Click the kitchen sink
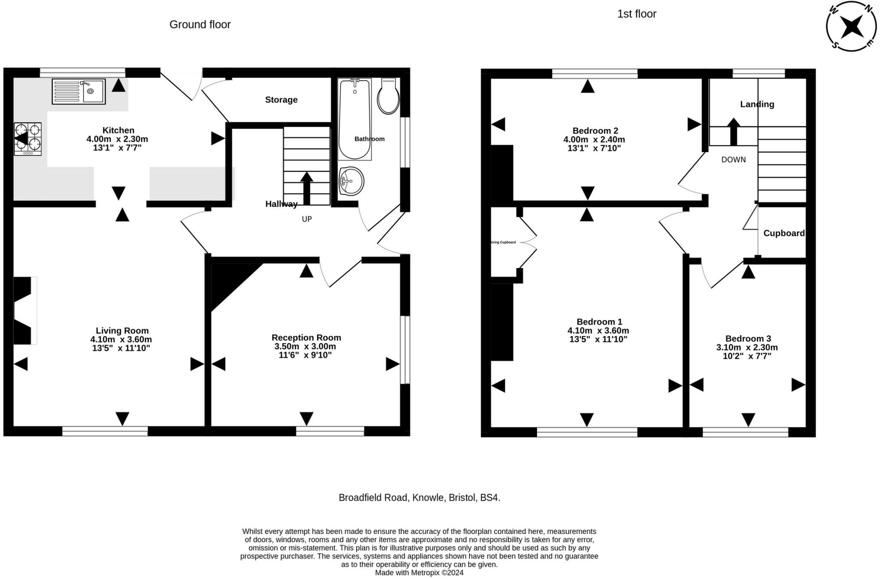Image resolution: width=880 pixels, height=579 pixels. click(79, 91)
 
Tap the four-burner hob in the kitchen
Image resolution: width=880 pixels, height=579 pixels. click(28, 139)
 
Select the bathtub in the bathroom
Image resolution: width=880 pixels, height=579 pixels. click(355, 119)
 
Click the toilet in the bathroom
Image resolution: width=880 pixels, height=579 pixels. click(388, 96)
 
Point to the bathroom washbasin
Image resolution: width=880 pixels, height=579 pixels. click(351, 181)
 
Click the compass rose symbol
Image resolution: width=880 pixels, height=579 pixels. click(851, 26)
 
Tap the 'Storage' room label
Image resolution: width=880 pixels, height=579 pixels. click(281, 100)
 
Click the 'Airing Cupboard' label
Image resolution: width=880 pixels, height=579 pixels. click(503, 243)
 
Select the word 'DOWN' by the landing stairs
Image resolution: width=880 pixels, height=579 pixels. click(733, 160)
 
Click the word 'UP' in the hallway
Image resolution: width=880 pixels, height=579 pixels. click(307, 219)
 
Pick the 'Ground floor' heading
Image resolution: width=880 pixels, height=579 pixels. click(200, 24)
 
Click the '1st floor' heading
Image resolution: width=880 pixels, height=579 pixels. click(637, 14)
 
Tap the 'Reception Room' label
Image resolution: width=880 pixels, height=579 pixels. click(306, 338)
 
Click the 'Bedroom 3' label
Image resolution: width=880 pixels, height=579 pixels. click(748, 339)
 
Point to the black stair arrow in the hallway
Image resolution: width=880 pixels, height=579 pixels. click(306, 188)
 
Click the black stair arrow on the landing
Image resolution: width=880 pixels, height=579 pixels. click(733, 132)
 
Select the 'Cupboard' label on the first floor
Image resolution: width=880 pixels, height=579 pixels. click(784, 233)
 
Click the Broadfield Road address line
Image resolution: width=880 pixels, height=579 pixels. click(419, 498)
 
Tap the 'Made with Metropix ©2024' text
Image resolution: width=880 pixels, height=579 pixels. click(419, 573)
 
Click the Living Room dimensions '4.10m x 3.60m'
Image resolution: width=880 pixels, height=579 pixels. click(121, 340)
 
